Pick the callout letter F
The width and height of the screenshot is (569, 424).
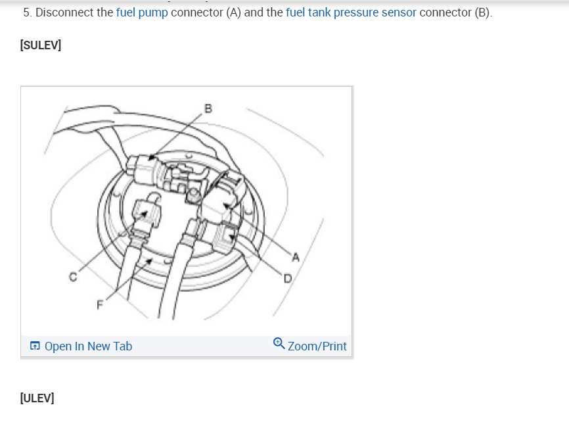[x=100, y=304]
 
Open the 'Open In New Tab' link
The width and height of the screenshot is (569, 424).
[x=88, y=346]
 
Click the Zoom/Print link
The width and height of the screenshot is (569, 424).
[x=317, y=346]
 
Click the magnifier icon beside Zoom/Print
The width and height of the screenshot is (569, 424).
[x=279, y=344]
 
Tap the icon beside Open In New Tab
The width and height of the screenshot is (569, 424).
[x=35, y=346]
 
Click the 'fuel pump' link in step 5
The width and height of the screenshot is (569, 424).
[x=142, y=12]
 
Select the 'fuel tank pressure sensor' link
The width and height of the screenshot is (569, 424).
[x=351, y=12]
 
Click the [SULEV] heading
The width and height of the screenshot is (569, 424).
[x=41, y=44]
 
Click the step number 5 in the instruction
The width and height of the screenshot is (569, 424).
[x=26, y=12]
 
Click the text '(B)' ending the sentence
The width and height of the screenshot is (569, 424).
[x=482, y=12]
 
